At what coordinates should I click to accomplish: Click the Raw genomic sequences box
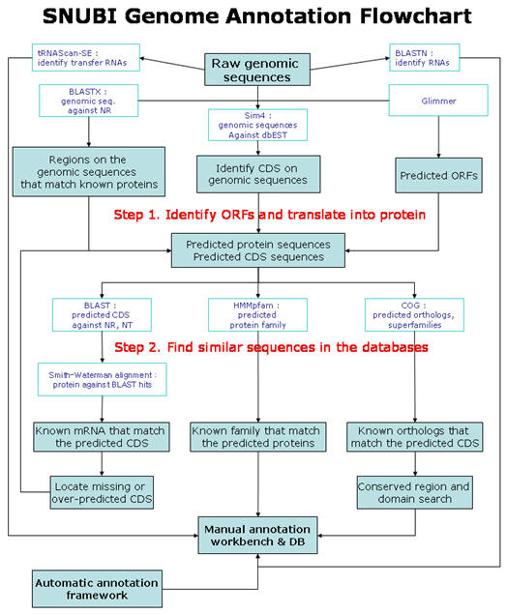click(x=257, y=70)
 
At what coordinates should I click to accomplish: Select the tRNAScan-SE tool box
click(x=86, y=58)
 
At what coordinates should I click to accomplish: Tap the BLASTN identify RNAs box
click(x=425, y=58)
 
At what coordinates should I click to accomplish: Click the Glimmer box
click(x=438, y=101)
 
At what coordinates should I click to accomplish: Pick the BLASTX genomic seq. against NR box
click(x=89, y=101)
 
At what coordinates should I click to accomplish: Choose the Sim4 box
click(x=257, y=125)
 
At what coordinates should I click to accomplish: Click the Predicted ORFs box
click(x=439, y=175)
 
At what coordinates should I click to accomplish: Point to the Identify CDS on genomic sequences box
click(x=258, y=174)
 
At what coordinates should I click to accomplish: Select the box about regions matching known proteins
click(x=89, y=172)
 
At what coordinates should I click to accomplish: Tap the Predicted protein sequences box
click(x=258, y=250)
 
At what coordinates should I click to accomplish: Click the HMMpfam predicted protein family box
click(x=257, y=315)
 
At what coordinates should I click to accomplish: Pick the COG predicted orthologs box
click(x=414, y=315)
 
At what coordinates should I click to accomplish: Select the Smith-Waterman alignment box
click(x=103, y=379)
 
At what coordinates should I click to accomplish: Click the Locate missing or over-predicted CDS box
click(x=102, y=492)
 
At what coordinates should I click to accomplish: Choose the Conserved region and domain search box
click(x=414, y=492)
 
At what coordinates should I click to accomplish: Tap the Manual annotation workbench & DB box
click(x=257, y=536)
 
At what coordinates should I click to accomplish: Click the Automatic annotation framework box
click(x=97, y=589)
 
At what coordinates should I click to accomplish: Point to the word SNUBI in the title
click(x=80, y=16)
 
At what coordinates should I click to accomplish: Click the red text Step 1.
click(x=136, y=215)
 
